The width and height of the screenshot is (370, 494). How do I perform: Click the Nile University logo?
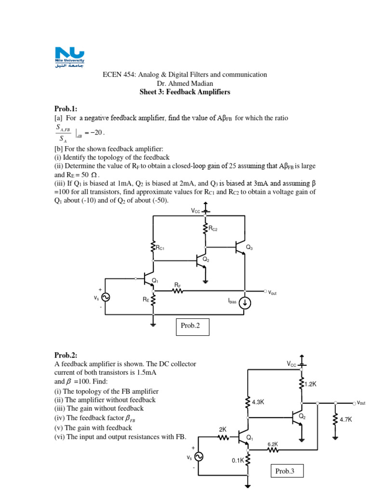point(70,58)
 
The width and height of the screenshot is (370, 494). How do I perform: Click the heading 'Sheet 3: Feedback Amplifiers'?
point(185,92)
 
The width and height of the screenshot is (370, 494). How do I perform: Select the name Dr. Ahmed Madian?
point(185,83)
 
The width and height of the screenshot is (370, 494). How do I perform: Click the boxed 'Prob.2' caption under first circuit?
point(190,326)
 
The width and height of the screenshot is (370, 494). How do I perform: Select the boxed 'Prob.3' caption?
point(284,471)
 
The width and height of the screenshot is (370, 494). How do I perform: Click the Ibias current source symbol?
point(245,303)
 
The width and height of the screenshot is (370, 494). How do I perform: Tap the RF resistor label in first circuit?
point(177,285)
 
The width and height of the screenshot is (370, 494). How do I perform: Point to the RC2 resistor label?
point(213,230)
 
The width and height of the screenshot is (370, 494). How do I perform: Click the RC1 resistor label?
point(160,248)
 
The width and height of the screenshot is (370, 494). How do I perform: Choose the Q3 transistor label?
point(249,247)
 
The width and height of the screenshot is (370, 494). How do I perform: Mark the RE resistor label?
point(145,300)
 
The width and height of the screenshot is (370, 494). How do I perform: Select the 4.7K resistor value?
point(346,420)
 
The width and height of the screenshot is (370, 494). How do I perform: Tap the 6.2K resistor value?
point(273,444)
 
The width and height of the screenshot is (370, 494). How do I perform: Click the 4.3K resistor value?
point(258,401)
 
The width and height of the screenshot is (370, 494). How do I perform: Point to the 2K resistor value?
point(222,429)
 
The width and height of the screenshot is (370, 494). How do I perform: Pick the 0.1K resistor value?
point(238,461)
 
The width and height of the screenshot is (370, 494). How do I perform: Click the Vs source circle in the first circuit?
point(104,298)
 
